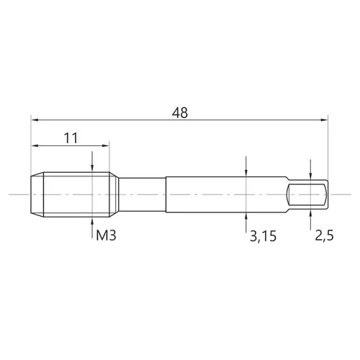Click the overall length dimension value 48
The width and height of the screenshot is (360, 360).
pos(180,113)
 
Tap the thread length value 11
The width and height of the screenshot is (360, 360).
pos(71,138)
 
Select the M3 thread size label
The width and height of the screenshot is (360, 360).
pos(106,235)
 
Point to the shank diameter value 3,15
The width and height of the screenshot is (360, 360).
pos(264,236)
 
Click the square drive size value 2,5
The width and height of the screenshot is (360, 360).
pos(324,235)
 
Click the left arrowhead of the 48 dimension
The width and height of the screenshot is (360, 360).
pos(35,120)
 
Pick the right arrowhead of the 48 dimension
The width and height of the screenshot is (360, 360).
pos(324,120)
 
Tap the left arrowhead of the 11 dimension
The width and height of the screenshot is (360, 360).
pos(35,145)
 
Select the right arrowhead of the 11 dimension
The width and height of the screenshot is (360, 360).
pos(106,145)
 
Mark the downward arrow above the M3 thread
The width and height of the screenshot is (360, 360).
pos(92,161)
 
